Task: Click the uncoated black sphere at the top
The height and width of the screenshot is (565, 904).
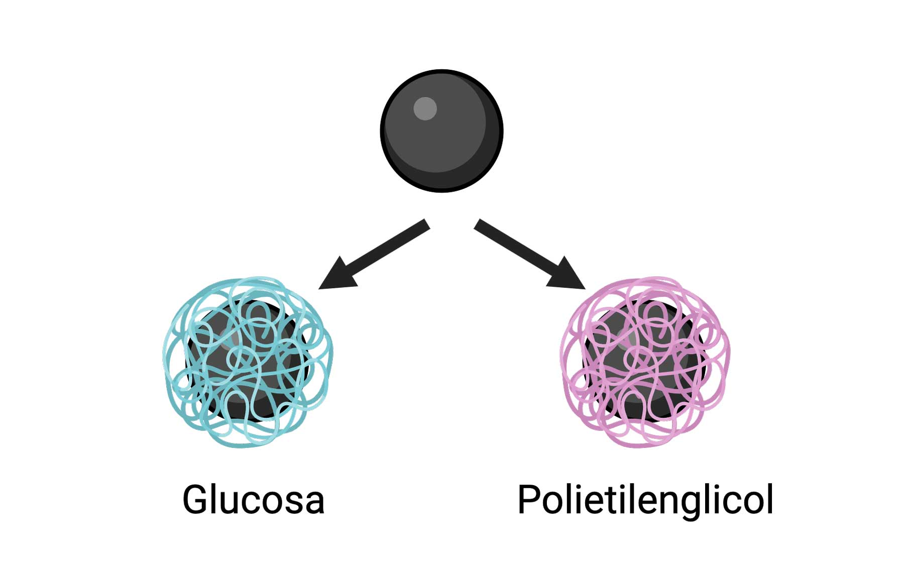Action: point(441,131)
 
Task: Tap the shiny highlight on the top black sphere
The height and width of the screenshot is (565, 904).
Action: point(425,108)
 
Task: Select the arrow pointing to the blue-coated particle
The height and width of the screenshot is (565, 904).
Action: point(375,255)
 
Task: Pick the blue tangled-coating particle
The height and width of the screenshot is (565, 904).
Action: point(248,362)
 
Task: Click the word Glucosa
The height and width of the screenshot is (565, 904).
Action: point(253,500)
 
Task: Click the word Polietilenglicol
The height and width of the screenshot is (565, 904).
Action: point(645,500)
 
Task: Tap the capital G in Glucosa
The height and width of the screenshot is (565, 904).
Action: point(195,499)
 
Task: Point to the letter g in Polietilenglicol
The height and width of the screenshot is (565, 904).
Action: point(691,504)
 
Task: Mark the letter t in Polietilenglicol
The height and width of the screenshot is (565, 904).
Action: point(607,500)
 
